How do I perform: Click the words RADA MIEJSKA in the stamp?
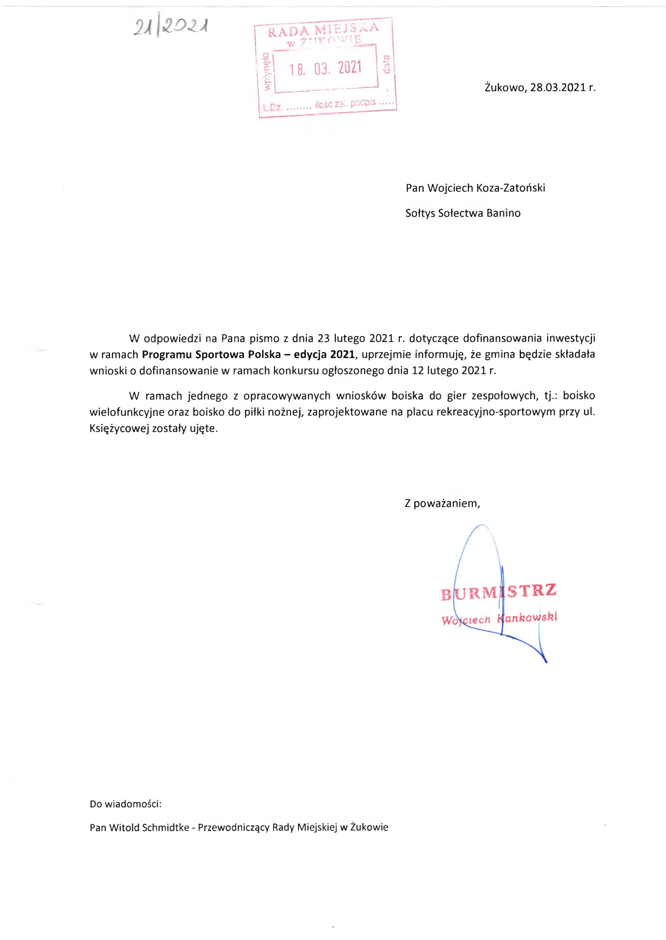323,29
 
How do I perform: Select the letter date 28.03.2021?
557,87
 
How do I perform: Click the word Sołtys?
420,213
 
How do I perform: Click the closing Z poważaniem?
442,503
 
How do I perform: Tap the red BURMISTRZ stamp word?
499,592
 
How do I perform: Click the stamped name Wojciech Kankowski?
499,619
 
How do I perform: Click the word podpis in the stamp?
363,102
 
